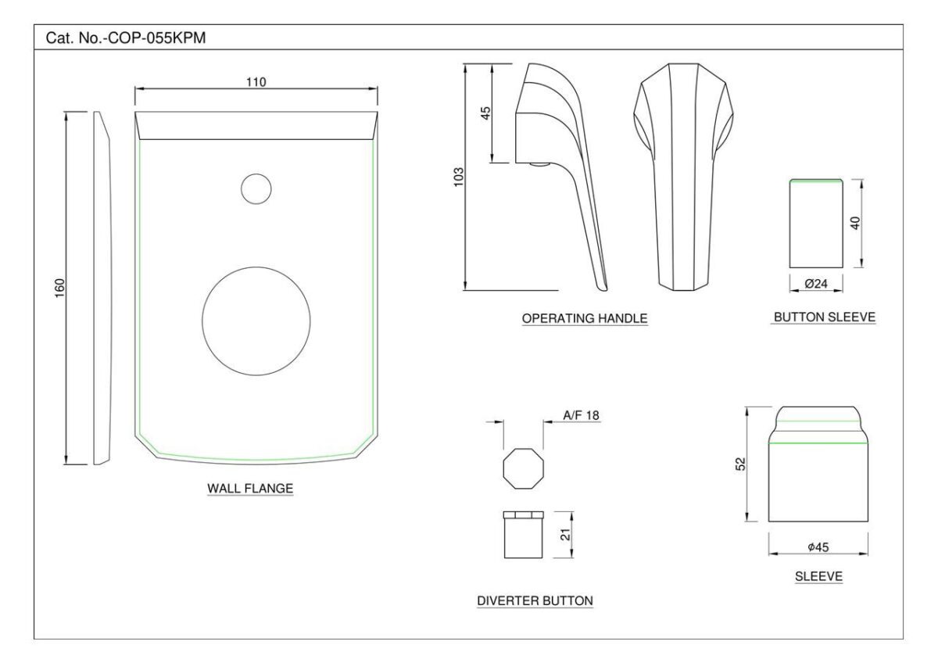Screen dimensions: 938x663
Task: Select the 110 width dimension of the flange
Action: [256, 81]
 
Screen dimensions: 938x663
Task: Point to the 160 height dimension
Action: [60, 288]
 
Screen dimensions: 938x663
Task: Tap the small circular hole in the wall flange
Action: [256, 189]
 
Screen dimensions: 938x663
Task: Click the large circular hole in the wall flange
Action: [256, 321]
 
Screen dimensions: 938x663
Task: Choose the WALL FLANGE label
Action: [250, 489]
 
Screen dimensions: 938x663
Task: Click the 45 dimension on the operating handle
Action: [485, 113]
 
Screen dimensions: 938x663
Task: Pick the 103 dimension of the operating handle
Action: [459, 177]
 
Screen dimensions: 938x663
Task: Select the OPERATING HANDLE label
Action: [585, 318]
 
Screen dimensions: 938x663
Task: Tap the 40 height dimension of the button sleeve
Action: [855, 223]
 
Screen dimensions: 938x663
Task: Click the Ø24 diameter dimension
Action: [816, 284]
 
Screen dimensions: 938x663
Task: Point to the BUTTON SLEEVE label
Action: [825, 317]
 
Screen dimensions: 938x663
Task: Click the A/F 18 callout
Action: [581, 415]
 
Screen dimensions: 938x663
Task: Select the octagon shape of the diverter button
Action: [524, 468]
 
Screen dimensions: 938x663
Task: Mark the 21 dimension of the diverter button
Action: [565, 535]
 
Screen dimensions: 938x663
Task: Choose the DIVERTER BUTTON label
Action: [535, 600]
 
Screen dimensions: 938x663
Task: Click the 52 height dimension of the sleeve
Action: [741, 464]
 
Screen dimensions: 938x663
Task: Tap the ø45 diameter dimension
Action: [818, 547]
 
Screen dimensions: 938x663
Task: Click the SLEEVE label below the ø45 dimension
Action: [818, 576]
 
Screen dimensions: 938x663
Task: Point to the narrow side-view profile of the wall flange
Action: [102, 288]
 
